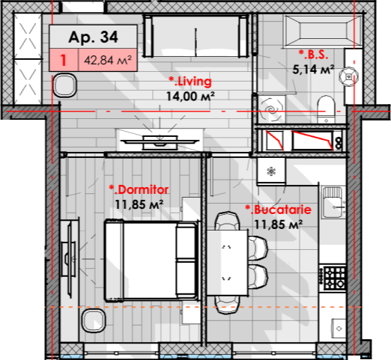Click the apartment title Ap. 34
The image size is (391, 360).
coord(93,37)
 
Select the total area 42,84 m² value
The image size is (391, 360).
coord(108,61)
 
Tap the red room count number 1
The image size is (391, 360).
coord(64,61)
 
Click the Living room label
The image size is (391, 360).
coord(190,82)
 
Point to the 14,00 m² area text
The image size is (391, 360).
coord(190,97)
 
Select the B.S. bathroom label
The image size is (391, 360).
coord(313,55)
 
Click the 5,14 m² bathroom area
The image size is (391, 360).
coord(313,70)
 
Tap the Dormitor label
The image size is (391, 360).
coord(139,189)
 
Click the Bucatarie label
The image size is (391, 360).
coord(279,210)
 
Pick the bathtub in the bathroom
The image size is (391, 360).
coord(323,31)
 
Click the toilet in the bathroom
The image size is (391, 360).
coord(326,109)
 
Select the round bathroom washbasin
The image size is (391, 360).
coord(348,76)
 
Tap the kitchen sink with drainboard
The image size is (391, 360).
coord(333,202)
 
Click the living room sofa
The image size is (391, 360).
coord(195,36)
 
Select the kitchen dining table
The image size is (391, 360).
coord(228,263)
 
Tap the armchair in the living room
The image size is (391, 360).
coord(65,85)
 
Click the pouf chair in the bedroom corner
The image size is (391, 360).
coord(94,321)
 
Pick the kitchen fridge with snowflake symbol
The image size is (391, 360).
coord(271,171)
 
